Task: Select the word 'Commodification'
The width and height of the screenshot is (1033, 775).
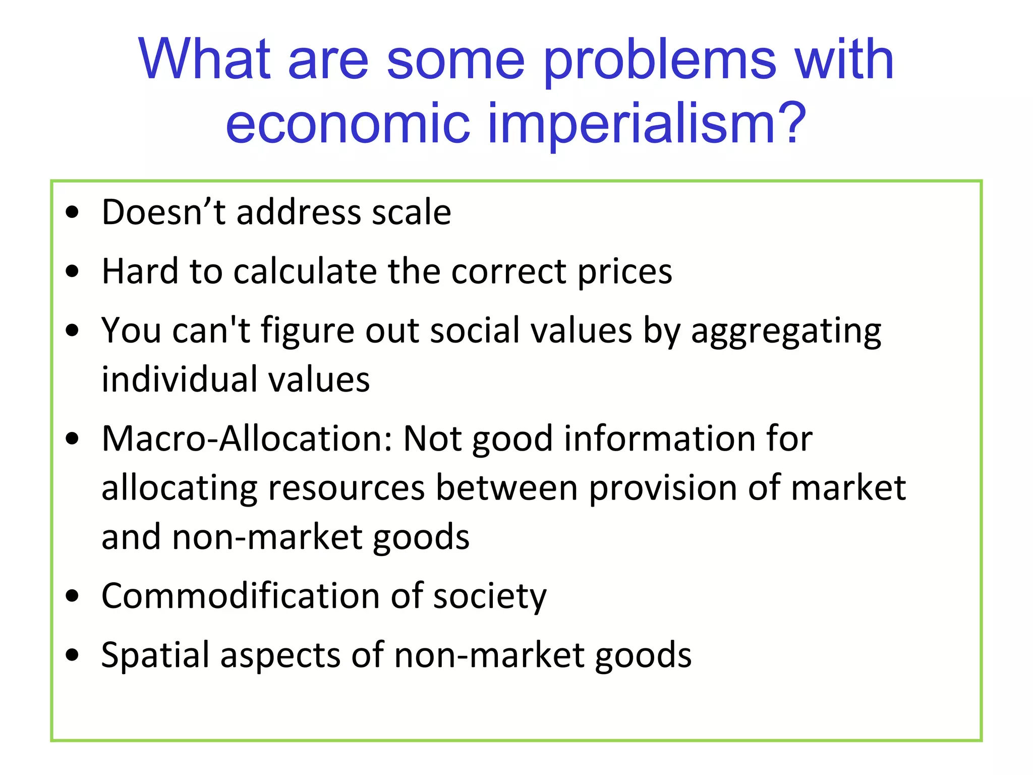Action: click(240, 596)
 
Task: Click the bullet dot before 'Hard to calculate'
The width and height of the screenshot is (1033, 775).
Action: click(73, 271)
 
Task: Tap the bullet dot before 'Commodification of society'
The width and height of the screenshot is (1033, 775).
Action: click(73, 596)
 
